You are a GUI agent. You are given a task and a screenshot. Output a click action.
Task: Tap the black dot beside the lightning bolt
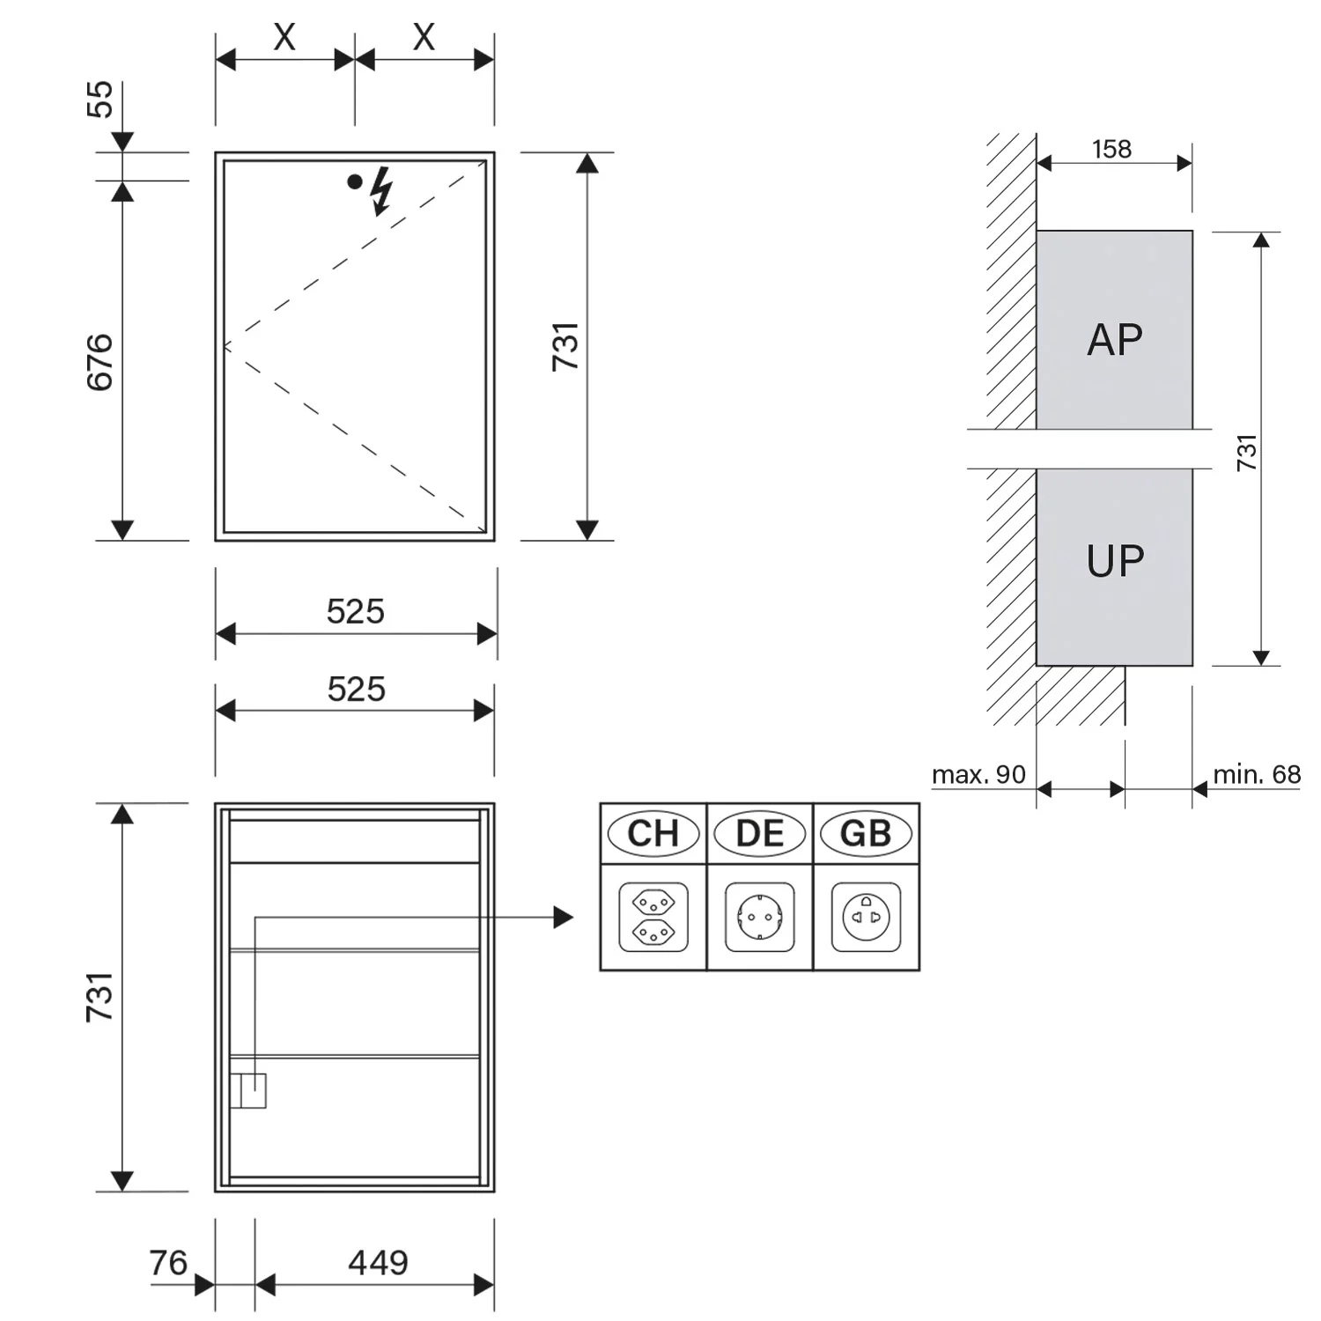tap(355, 181)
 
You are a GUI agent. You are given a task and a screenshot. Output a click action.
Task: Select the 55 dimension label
tap(100, 100)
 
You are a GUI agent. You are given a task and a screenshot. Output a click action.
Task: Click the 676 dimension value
tap(100, 362)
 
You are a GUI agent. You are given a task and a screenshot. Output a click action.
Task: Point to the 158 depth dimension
tap(1111, 149)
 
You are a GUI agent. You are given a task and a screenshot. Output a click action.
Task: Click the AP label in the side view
tap(1115, 340)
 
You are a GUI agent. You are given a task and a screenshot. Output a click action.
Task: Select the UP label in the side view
tap(1115, 561)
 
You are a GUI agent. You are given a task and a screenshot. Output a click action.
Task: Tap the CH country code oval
tap(653, 833)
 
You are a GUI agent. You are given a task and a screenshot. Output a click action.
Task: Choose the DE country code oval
tap(759, 833)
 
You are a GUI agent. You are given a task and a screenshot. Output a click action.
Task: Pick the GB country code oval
tap(866, 833)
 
